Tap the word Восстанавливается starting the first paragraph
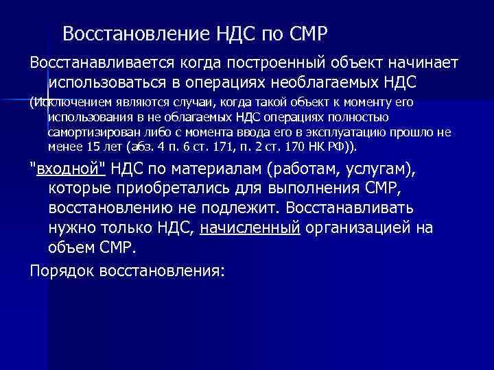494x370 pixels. click(x=102, y=63)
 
